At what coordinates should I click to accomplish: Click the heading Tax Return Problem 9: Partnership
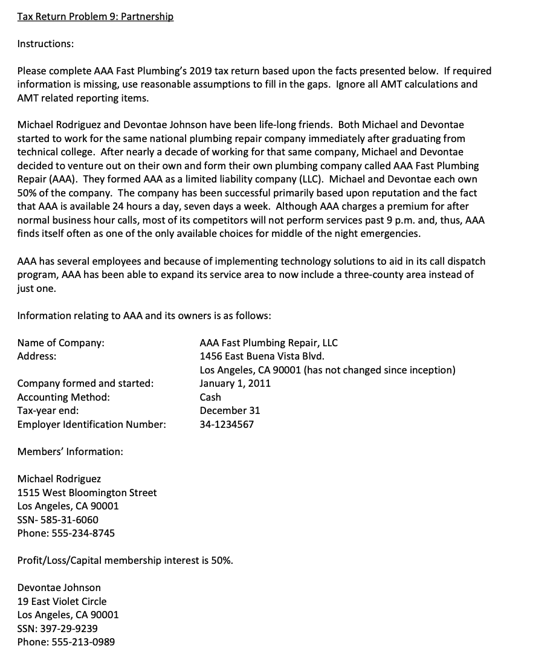click(x=95, y=17)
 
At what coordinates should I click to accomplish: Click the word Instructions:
click(x=46, y=44)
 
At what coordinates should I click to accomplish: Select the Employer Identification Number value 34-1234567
click(x=227, y=424)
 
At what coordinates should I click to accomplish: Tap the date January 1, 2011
click(x=235, y=383)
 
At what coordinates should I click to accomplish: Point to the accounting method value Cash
click(x=210, y=397)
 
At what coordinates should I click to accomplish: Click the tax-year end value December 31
click(x=230, y=410)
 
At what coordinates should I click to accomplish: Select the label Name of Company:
click(x=60, y=343)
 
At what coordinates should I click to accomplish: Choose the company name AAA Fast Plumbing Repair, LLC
click(x=268, y=343)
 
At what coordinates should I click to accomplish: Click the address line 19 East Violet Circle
click(x=62, y=601)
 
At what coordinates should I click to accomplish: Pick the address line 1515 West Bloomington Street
click(x=86, y=493)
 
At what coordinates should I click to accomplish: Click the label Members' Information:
click(x=70, y=451)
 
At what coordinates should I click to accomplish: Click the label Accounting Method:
click(x=63, y=397)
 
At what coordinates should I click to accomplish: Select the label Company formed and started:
click(x=85, y=383)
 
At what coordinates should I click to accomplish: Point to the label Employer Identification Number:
click(x=91, y=424)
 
